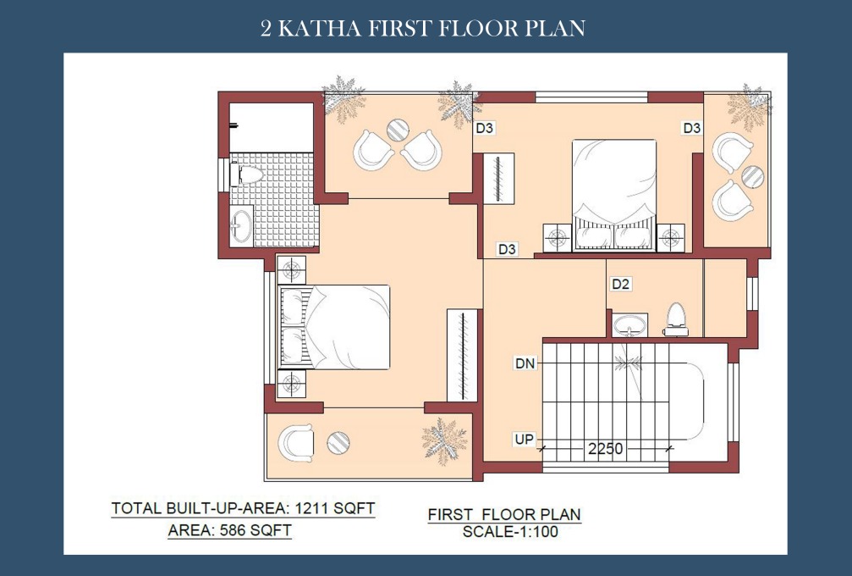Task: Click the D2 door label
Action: [x=620, y=284]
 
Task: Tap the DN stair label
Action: [x=525, y=363]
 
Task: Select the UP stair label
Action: [x=524, y=439]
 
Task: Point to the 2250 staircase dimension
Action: [x=605, y=449]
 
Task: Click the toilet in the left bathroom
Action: [x=246, y=174]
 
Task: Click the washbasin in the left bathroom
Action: [x=241, y=224]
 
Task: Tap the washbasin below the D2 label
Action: [x=629, y=325]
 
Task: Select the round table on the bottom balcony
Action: [x=338, y=442]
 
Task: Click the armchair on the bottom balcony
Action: [x=295, y=442]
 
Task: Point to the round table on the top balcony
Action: [x=398, y=130]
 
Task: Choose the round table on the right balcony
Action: [x=752, y=177]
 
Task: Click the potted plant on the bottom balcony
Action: [x=444, y=440]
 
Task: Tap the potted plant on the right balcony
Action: [x=750, y=106]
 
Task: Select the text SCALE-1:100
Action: [x=510, y=531]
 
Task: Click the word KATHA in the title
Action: [x=319, y=28]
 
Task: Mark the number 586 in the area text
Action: [x=234, y=530]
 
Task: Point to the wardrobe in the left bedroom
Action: [x=462, y=355]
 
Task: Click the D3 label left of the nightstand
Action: [x=507, y=249]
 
